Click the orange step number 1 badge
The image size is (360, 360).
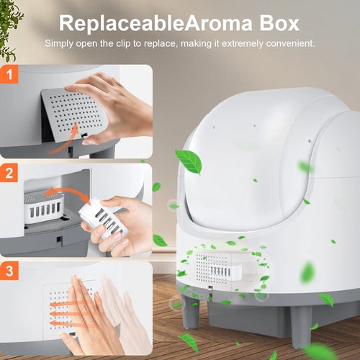[x=9, y=74]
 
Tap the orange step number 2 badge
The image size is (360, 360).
[x=9, y=173]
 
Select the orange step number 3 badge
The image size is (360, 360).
[x=9, y=271]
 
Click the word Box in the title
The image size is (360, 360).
[x=279, y=23]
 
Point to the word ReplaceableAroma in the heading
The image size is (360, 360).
[x=156, y=23]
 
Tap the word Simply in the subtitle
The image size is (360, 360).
[x=59, y=43]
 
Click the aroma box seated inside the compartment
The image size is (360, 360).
[x=44, y=207]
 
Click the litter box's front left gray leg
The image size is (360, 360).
[x=191, y=311]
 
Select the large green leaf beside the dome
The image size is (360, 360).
[x=189, y=161]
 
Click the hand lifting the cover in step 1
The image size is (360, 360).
[x=110, y=108]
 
